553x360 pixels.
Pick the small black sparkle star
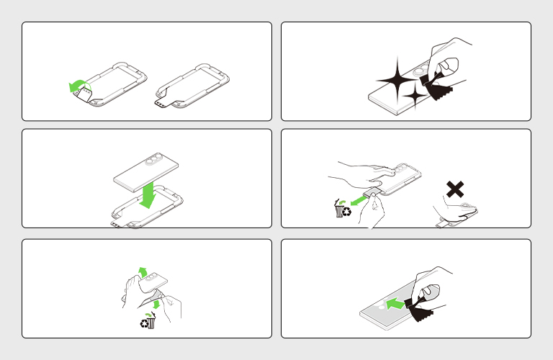click(x=415, y=96)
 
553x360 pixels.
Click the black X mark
click(x=455, y=190)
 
